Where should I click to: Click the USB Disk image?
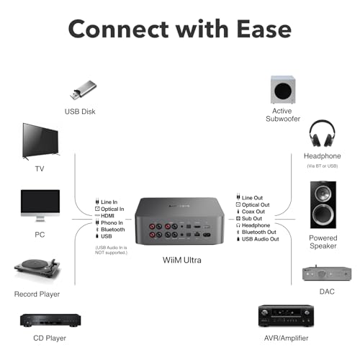tap(83, 90)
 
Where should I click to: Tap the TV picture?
tap(40, 141)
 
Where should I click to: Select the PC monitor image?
tap(40, 205)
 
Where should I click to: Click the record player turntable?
tap(37, 268)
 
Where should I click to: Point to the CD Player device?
tap(50, 320)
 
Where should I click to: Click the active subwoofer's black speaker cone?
tap(283, 91)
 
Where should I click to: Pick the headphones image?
tap(322, 133)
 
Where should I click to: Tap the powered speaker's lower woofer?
tap(323, 215)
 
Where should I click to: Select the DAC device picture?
tap(327, 273)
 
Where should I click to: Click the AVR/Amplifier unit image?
tap(286, 315)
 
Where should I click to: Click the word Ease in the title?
tap(264, 29)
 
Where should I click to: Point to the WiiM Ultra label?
tap(182, 260)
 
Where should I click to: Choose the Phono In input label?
tap(112, 222)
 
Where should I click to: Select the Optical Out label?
tap(256, 204)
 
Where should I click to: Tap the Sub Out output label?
tap(252, 218)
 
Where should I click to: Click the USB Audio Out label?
tap(261, 239)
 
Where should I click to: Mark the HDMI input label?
tap(107, 216)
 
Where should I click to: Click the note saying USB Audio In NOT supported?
tap(111, 250)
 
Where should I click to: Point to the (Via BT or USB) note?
tap(323, 166)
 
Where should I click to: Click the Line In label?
tap(109, 202)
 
